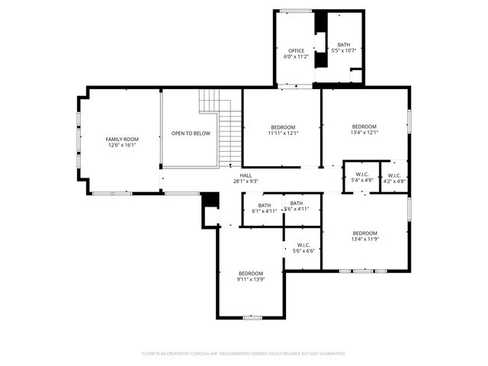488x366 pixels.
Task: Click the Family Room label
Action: pos(122,139)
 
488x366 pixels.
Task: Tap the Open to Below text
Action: pos(191,133)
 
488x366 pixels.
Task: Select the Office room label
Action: pos(296,51)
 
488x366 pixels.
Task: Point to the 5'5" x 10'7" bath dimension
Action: pos(344,51)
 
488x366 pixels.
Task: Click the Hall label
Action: pos(246,175)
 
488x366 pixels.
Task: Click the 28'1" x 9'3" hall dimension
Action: pos(246,181)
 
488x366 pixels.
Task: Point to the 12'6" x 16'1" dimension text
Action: pos(122,145)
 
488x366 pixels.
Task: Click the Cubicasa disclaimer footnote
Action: pos(244,354)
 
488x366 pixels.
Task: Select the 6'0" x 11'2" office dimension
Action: pos(296,57)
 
